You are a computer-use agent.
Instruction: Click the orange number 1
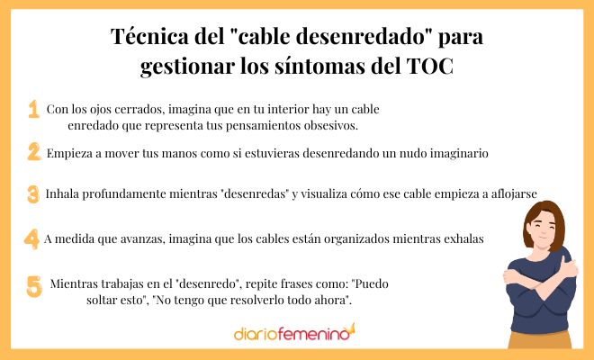pyautogui.click(x=33, y=109)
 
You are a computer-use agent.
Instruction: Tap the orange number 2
pyautogui.click(x=33, y=152)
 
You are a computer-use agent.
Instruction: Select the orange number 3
pyautogui.click(x=33, y=193)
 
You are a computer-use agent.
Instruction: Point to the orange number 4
pyautogui.click(x=31, y=238)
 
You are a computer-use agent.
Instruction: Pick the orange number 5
pyautogui.click(x=34, y=287)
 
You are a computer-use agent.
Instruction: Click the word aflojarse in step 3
pyautogui.click(x=523, y=194)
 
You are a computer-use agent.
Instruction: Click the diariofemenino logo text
pyautogui.click(x=288, y=333)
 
